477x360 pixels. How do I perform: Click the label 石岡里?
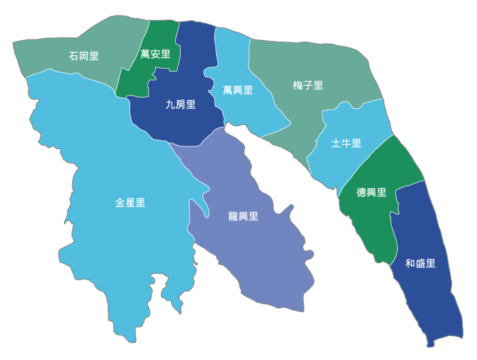[x=84, y=56]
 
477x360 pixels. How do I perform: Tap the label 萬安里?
[x=155, y=54]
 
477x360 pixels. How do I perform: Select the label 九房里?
[x=181, y=104]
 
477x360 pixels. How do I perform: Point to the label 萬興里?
[x=238, y=90]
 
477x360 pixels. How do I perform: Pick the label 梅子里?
[x=308, y=85]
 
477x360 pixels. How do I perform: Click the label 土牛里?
[x=346, y=143]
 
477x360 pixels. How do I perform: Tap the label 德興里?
[x=371, y=193]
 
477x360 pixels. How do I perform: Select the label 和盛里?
[x=420, y=263]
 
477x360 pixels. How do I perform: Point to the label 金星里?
[x=130, y=202]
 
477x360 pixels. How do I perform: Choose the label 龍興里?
[x=243, y=217]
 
